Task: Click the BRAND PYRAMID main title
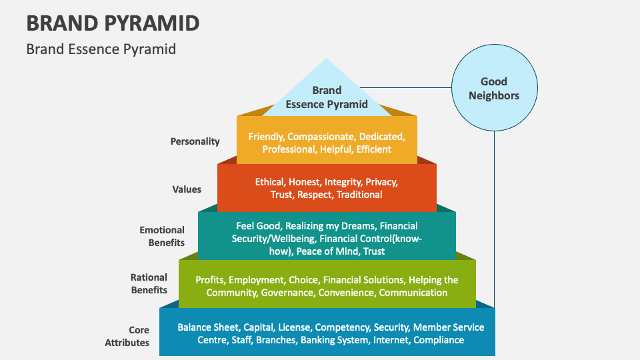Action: [113, 23]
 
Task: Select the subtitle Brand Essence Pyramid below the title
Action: [101, 49]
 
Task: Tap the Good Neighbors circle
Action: [493, 89]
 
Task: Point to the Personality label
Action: [195, 141]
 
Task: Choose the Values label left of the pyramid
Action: [187, 189]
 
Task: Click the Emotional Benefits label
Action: [162, 236]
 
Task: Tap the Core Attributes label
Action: [127, 336]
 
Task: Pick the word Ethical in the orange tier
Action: [270, 182]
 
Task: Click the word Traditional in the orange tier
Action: [359, 195]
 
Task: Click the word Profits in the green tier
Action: [209, 280]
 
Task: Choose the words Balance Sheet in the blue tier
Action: [207, 327]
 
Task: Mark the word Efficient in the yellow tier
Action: [373, 149]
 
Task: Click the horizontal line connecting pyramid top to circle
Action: [407, 87]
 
